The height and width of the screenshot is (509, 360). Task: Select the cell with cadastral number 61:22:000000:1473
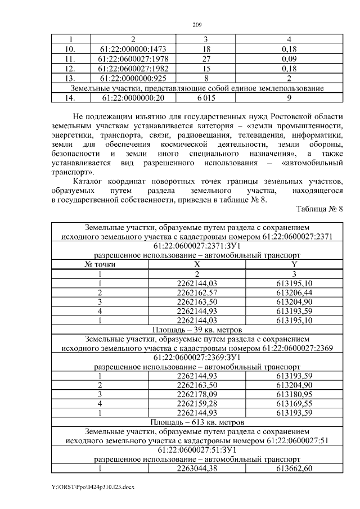point(133,49)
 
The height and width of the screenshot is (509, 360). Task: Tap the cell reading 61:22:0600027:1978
point(133,58)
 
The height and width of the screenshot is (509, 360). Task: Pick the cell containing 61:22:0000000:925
point(133,78)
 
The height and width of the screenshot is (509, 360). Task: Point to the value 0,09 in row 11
point(289,58)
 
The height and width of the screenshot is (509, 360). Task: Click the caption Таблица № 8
point(319,209)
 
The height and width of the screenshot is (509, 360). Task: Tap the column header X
point(196,264)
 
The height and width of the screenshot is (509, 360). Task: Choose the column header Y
point(294,264)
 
